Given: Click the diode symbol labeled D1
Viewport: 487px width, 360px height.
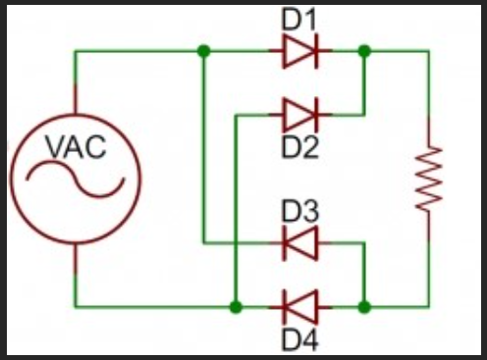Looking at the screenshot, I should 299,51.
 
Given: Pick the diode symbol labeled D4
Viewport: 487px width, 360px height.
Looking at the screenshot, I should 299,306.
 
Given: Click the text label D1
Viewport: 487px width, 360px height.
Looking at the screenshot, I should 299,19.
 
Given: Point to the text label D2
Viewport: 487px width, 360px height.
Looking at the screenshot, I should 299,148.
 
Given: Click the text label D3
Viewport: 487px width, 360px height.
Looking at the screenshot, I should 299,211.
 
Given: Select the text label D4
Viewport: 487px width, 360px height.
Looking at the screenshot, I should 299,340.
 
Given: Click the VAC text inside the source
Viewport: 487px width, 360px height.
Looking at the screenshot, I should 76,148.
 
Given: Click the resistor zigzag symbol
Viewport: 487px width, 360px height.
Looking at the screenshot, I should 429,179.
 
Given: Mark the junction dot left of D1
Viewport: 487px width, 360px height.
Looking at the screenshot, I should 202,51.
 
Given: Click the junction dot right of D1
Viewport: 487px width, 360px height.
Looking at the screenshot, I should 365,51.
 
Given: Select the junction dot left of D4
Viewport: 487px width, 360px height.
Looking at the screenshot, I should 235,306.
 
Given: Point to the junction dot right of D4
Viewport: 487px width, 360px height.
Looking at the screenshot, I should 365,306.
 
